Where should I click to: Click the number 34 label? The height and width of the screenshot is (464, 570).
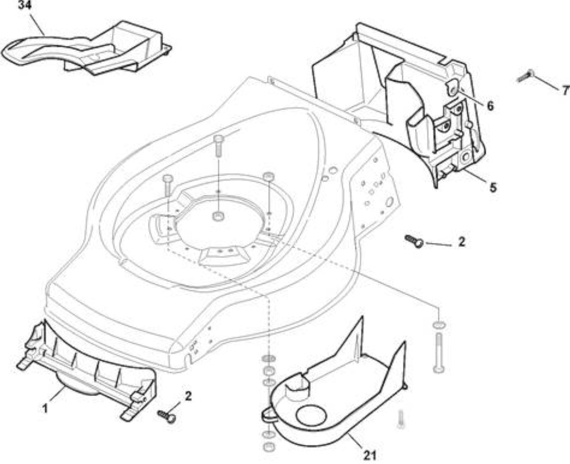[x=24, y=6]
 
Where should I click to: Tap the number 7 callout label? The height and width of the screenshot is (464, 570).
[x=565, y=91]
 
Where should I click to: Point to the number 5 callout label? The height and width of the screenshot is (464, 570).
[x=493, y=187]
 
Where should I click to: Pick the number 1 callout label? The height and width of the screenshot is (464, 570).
[x=45, y=409]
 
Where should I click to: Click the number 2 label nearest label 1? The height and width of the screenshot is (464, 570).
[x=188, y=396]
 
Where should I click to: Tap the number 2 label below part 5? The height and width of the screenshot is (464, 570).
[x=461, y=242]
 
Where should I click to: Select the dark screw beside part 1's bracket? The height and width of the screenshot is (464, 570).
[x=167, y=416]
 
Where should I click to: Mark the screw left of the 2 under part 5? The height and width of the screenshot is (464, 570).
[x=414, y=241]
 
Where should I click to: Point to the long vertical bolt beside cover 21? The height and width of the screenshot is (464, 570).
[x=439, y=352]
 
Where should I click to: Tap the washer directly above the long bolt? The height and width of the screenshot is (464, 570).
[x=439, y=324]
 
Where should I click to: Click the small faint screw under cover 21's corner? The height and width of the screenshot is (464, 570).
[x=401, y=419]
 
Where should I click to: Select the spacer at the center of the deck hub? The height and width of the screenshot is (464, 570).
[x=218, y=216]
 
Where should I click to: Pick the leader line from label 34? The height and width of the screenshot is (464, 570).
[x=38, y=26]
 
